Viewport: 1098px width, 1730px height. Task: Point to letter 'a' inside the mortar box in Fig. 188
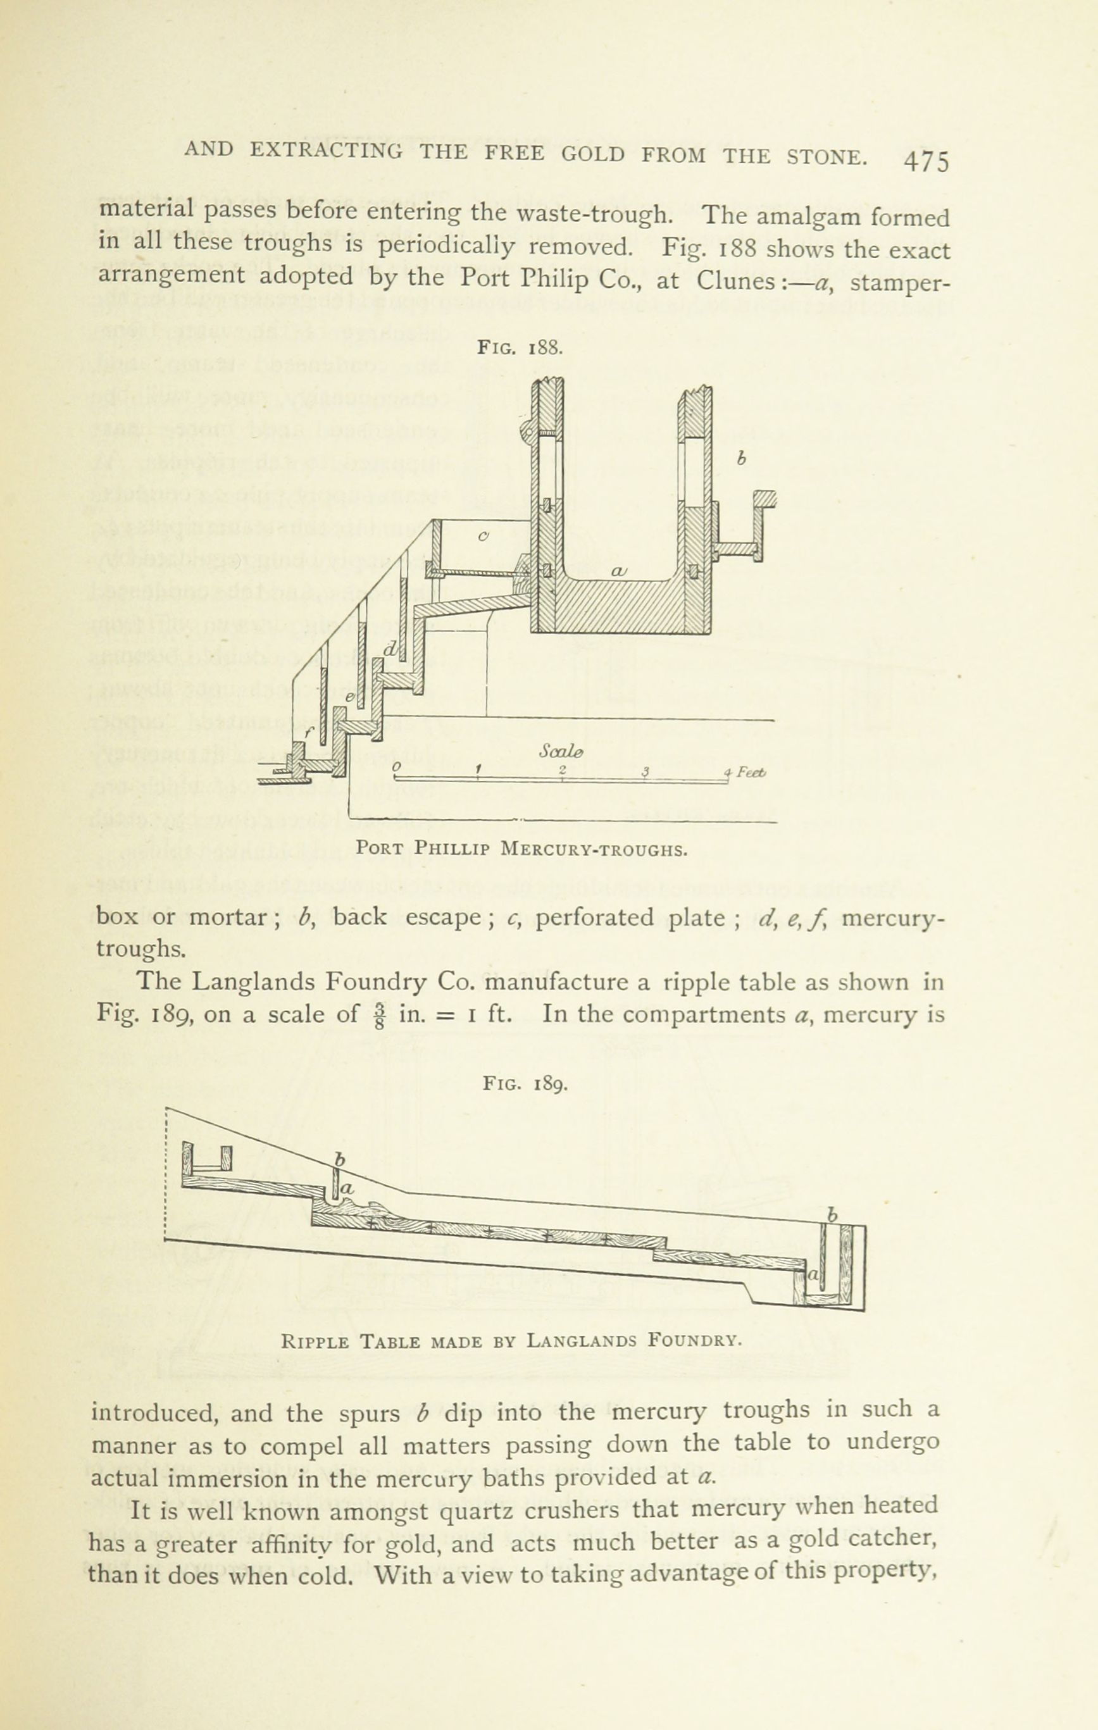619,571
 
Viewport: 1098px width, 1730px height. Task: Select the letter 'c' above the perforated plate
483,535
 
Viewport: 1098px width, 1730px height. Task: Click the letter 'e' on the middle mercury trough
350,697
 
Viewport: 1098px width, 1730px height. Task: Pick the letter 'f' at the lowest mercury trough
309,732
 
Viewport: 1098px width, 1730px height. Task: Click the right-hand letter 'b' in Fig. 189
832,1216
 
